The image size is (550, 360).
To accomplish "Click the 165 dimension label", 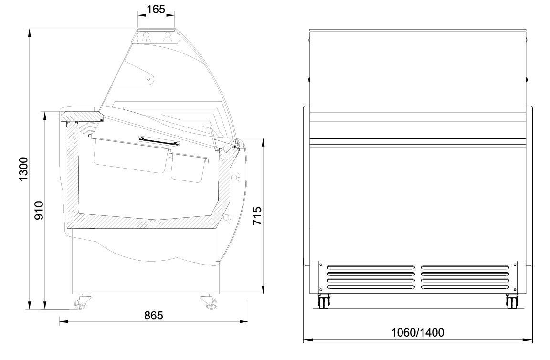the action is [x=156, y=10].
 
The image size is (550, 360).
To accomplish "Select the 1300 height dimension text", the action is [x=23, y=169].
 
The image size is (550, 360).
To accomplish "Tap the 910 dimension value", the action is [x=39, y=211].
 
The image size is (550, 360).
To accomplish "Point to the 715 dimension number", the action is [x=257, y=216].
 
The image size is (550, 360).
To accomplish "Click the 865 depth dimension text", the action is [x=154, y=316].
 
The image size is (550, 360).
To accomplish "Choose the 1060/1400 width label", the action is [x=418, y=332].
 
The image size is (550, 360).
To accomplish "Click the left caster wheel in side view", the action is [x=82, y=303].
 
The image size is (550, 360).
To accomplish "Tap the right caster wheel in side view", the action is [x=210, y=303].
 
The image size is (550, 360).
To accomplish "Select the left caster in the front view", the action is [x=323, y=302].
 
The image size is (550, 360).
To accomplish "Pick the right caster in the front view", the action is [x=512, y=302].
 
